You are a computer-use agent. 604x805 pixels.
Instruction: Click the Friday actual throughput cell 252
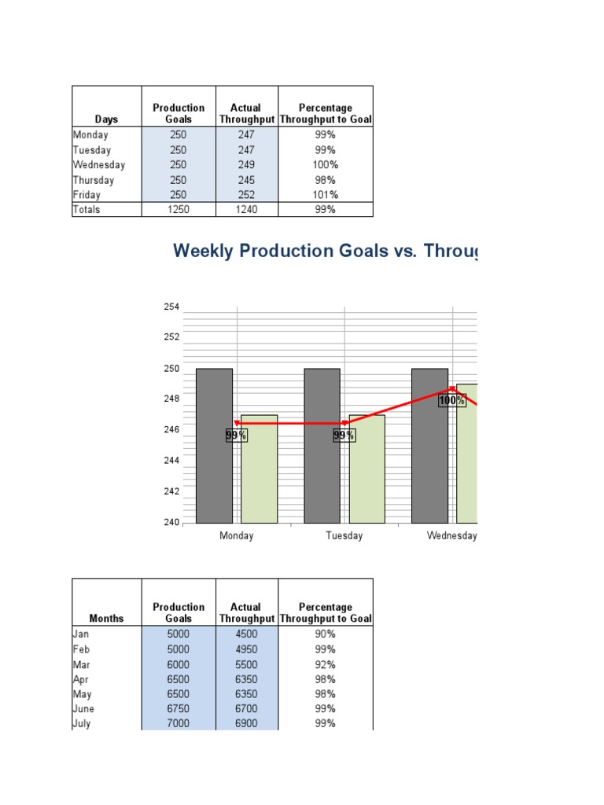[246, 195]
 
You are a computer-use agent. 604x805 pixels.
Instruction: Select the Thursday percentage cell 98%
[326, 180]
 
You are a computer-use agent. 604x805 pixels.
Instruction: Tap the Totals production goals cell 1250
[179, 210]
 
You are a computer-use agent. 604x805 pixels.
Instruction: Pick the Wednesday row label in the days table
[99, 165]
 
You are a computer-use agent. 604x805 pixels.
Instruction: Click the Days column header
[106, 119]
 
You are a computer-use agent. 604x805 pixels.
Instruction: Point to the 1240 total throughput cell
[246, 210]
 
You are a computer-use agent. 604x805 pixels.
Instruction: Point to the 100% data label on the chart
[452, 401]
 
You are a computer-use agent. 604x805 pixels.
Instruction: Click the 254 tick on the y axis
[171, 307]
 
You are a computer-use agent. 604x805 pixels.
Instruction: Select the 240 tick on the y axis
[171, 523]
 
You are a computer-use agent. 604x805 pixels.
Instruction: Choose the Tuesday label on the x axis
[344, 536]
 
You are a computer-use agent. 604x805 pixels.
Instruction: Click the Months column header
[106, 619]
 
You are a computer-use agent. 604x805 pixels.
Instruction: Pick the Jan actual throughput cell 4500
[246, 634]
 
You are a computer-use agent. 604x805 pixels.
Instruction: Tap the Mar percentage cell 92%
[326, 664]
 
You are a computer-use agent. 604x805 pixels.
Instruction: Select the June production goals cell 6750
[179, 709]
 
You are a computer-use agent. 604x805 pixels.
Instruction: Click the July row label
[82, 724]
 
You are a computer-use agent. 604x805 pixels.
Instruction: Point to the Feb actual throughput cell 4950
[246, 649]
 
